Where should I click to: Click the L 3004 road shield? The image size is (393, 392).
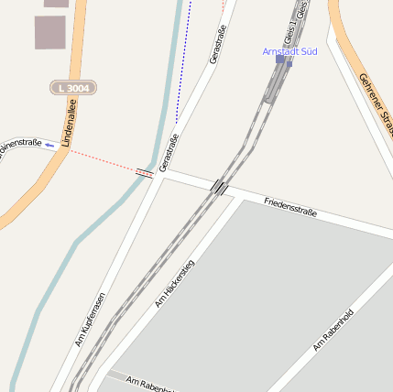(x=72, y=88)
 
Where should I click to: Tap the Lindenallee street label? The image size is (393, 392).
(x=66, y=124)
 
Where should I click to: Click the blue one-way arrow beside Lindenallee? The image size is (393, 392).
(x=49, y=146)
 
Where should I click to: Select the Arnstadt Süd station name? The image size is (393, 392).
(x=289, y=51)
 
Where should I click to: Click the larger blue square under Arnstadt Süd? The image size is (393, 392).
(x=280, y=59)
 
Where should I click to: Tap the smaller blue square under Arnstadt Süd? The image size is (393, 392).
(x=289, y=64)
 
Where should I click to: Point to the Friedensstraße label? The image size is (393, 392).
(x=289, y=206)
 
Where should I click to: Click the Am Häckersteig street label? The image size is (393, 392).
(x=176, y=278)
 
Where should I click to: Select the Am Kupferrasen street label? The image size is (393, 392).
(x=90, y=320)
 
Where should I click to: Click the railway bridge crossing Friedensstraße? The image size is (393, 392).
(x=220, y=187)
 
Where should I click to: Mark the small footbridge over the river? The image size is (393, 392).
(x=145, y=171)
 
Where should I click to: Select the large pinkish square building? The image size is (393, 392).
(x=50, y=32)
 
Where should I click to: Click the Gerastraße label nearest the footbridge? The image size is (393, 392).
(x=169, y=152)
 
